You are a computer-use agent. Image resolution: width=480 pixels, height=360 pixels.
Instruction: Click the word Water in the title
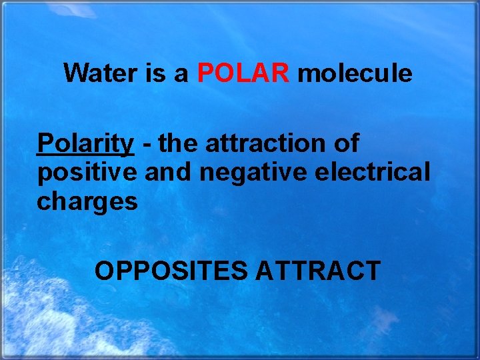coord(100,73)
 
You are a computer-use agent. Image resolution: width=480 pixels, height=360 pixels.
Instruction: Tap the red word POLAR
coord(243,73)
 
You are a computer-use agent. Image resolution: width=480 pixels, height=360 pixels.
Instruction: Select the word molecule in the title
coord(355,73)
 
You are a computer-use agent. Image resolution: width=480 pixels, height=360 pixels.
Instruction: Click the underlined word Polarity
coord(85,143)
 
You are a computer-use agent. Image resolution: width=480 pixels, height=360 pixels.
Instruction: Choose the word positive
coord(87,172)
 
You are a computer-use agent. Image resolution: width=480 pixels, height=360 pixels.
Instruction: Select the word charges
coord(87,201)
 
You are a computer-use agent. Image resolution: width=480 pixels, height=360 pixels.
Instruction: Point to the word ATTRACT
coord(318,271)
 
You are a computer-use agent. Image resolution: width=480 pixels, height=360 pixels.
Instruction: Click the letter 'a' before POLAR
coord(181,75)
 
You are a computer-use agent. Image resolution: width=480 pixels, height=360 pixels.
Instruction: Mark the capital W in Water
coord(74,73)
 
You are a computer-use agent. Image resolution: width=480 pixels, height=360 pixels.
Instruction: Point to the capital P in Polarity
coord(44,143)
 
